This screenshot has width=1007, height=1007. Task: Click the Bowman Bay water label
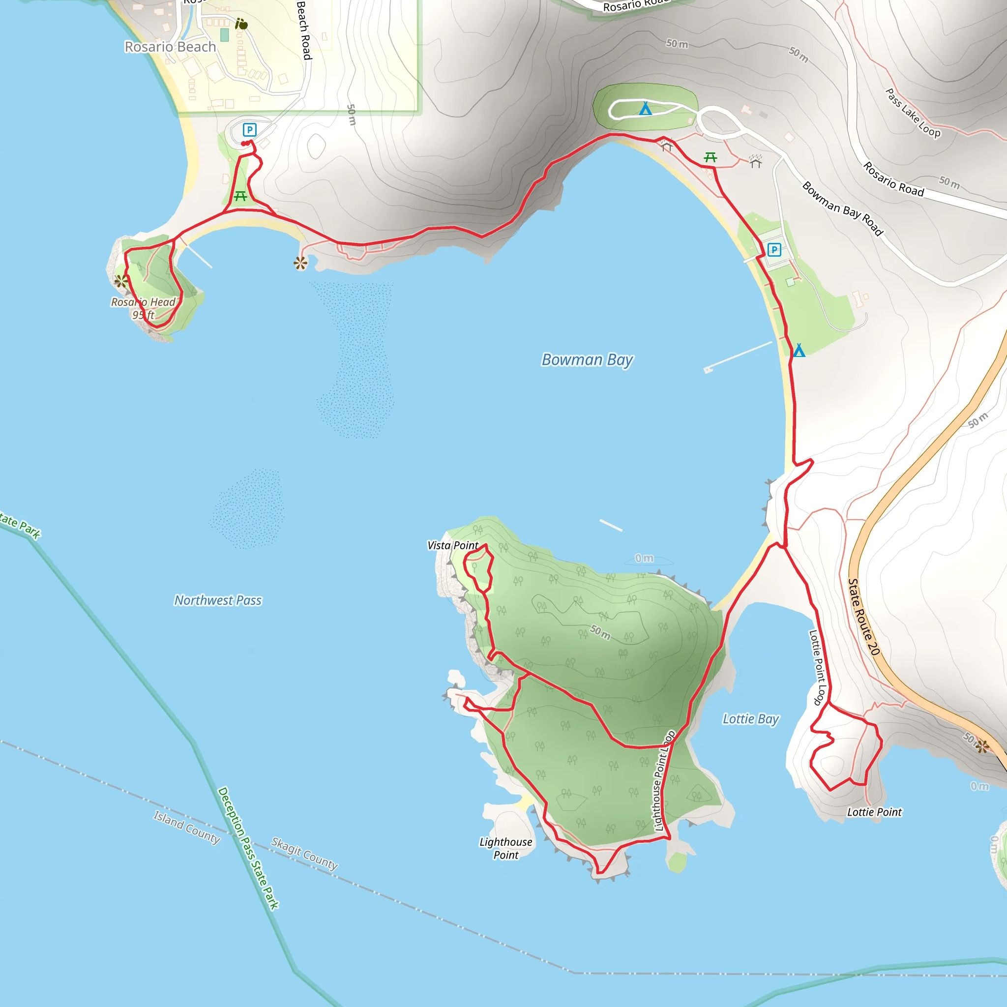[x=587, y=359]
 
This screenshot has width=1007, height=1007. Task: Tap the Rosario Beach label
[x=170, y=47]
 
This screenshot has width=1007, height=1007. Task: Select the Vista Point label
[x=452, y=545]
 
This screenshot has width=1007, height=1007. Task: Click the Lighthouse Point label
[x=505, y=848]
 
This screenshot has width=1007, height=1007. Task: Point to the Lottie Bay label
[x=750, y=719]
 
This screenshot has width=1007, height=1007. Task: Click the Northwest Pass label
[x=218, y=600]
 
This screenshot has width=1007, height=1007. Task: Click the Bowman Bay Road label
[x=842, y=208]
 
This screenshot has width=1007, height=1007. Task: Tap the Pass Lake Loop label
[x=913, y=113]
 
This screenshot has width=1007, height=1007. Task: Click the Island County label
[x=186, y=827]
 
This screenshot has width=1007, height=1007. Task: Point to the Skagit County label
[x=304, y=853]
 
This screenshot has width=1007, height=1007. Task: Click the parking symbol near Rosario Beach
[x=250, y=130]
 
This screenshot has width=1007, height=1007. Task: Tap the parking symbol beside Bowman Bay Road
[x=774, y=250]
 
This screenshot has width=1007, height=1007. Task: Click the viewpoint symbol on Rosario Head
[x=121, y=281]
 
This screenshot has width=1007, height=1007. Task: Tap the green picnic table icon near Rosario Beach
[x=240, y=196]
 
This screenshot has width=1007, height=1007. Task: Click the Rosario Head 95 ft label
[x=144, y=308]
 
